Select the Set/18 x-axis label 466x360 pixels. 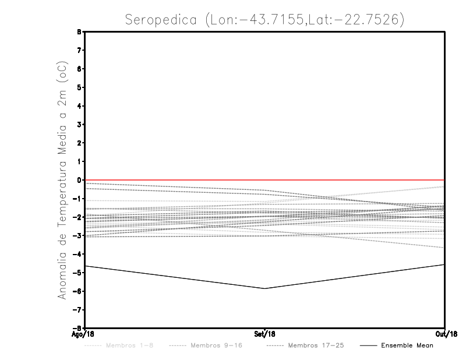point(265,334)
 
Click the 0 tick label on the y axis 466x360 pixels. point(79,180)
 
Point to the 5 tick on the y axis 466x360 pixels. point(79,87)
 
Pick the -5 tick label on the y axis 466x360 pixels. point(77,273)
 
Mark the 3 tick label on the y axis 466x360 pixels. point(79,125)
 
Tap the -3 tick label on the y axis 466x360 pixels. point(77,235)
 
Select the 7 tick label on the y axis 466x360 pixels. point(79,51)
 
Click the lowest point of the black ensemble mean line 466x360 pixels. point(265,288)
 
